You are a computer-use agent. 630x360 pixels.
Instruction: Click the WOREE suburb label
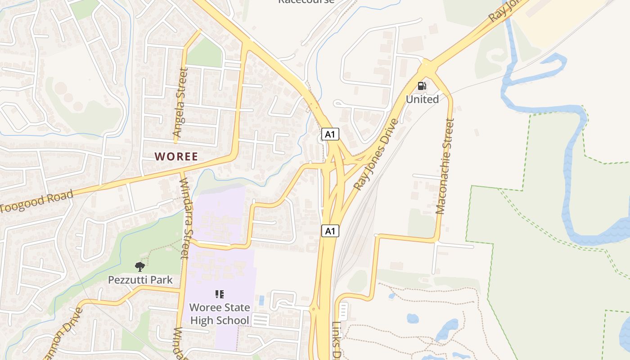(176, 157)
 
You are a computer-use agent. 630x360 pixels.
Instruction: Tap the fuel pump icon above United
(422, 86)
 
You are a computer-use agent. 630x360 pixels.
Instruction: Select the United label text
(422, 99)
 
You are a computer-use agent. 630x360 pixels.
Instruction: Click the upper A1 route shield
(330, 134)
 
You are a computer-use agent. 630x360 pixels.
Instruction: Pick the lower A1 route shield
(330, 231)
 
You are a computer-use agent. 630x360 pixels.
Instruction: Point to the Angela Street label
(180, 103)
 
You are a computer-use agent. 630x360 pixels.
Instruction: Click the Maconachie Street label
(445, 166)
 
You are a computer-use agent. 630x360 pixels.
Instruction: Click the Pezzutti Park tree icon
(140, 266)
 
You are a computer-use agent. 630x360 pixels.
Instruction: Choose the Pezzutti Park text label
(140, 280)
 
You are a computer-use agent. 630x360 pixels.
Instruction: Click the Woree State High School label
(219, 314)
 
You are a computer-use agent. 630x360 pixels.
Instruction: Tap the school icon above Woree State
(219, 294)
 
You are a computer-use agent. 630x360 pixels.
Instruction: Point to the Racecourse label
(306, 1)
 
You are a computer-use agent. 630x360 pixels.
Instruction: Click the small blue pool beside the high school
(261, 300)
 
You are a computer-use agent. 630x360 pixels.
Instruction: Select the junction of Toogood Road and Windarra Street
(182, 172)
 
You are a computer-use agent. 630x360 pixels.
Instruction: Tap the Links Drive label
(337, 340)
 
